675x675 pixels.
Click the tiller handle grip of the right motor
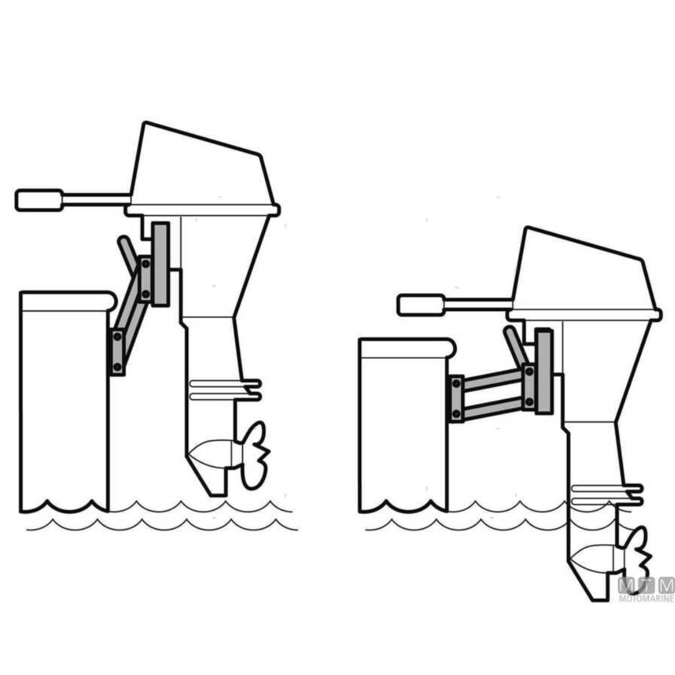pos(421,305)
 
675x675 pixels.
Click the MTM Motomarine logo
pos(646,589)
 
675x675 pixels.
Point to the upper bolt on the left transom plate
pos(117,337)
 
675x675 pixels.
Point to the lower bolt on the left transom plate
pos(117,366)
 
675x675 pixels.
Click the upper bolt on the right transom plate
pos(456,383)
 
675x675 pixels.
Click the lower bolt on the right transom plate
pos(456,413)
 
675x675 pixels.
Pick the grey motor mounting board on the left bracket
pos(161,264)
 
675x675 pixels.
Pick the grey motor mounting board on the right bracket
pos(544,371)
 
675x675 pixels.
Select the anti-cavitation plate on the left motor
pos(225,389)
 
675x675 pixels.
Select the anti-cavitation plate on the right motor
pos(606,494)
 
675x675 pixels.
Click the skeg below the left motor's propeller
pos(216,484)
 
